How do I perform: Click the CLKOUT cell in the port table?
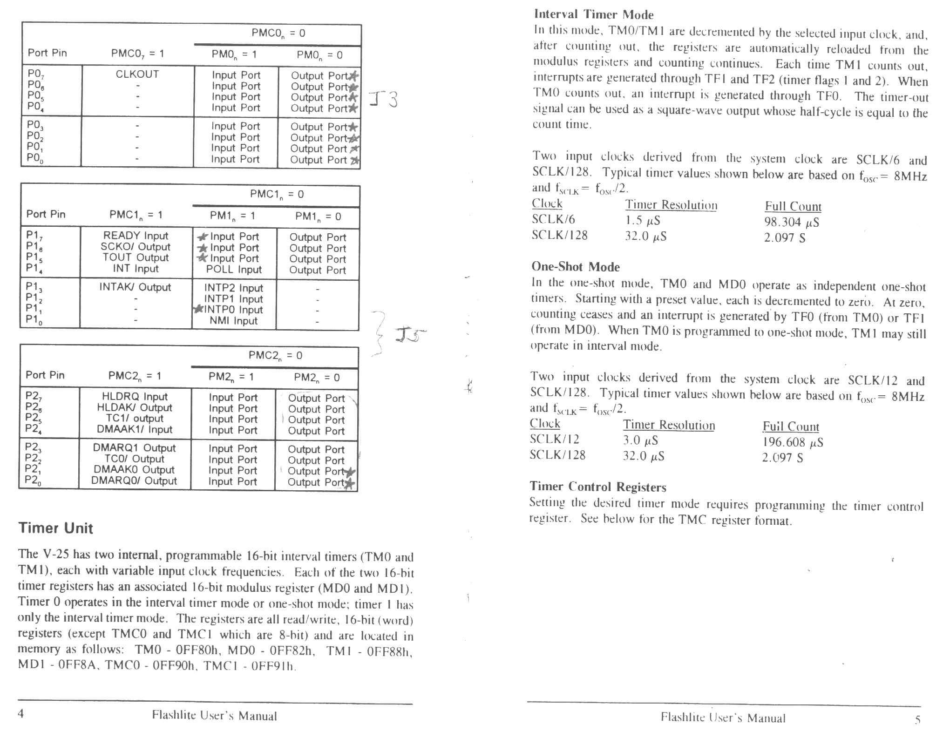coord(137,74)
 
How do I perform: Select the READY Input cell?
coord(136,236)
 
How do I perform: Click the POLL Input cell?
coord(234,270)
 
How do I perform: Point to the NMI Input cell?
coord(233,321)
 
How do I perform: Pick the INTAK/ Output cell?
coord(135,287)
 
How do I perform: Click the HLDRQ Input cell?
coord(135,397)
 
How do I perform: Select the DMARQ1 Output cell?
coord(134,448)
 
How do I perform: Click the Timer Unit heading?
coord(56,528)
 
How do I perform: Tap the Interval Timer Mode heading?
coord(594,15)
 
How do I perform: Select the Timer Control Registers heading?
coord(598,487)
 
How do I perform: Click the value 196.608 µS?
coord(793,442)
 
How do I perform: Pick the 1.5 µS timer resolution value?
coord(642,220)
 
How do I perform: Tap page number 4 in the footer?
coord(21,714)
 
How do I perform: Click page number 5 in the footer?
coord(917,720)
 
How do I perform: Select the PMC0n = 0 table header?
coord(278,33)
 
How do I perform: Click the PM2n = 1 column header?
coord(231,377)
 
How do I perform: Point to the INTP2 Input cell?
coord(234,288)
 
